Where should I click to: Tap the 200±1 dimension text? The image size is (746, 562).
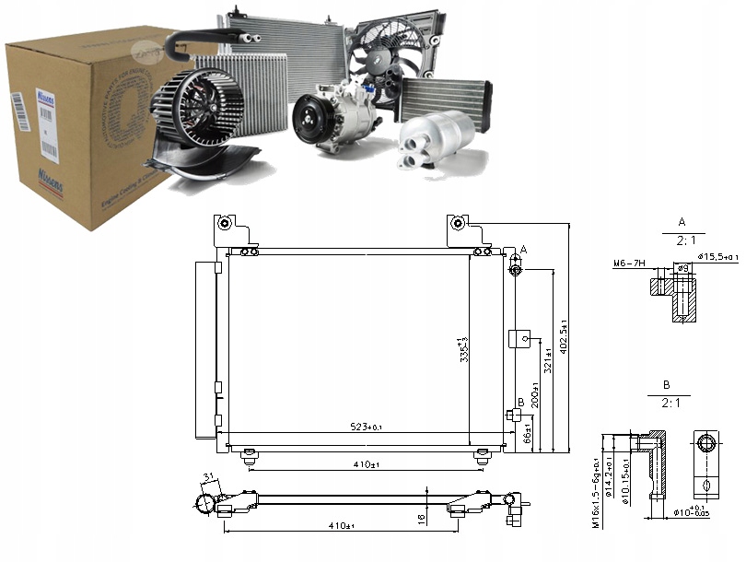coord(535,395)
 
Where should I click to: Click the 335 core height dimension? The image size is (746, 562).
coord(465,351)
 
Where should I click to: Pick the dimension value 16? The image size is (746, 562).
coord(421,520)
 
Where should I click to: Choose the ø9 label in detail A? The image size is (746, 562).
coord(682,268)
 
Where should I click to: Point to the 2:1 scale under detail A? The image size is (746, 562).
coord(682,240)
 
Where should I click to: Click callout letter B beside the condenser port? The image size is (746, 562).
coord(520,402)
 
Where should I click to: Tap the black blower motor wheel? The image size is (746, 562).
coord(193,105)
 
